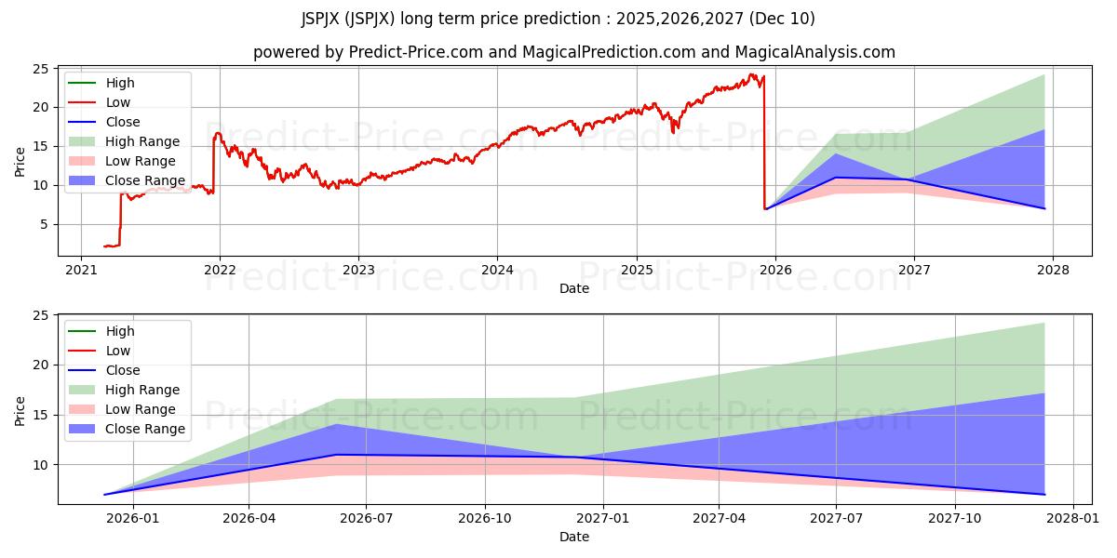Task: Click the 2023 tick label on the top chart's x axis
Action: [358, 271]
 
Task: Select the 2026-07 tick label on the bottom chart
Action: [365, 519]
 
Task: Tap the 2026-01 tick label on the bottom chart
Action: [133, 519]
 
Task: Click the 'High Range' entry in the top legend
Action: [143, 141]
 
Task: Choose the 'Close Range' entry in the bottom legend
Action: [145, 429]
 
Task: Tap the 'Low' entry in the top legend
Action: [118, 102]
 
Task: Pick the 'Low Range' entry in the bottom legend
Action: [140, 409]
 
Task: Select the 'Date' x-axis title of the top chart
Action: [574, 288]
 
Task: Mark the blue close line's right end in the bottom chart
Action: [1044, 494]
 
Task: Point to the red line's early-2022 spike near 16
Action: [218, 134]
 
